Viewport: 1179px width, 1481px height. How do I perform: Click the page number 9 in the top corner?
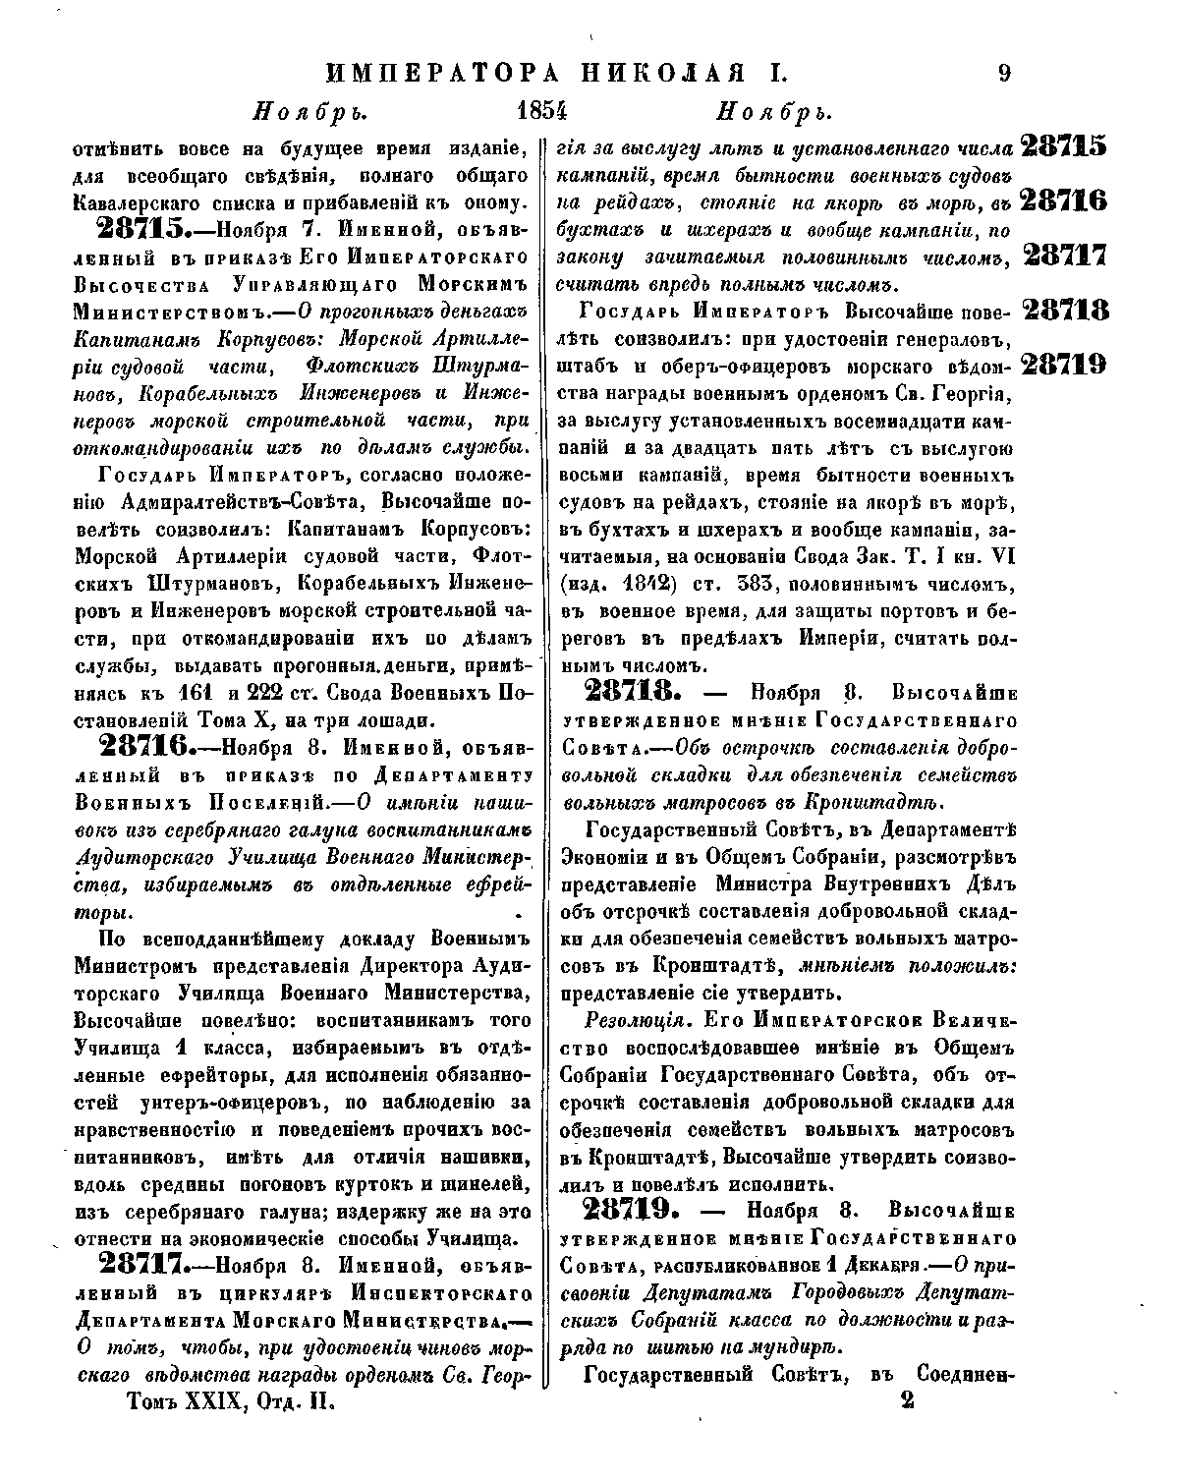1004,75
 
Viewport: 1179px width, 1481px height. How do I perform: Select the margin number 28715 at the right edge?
1064,146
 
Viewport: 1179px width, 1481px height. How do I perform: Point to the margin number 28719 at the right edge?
1065,365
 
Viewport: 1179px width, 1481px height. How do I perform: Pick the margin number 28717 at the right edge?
1065,256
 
